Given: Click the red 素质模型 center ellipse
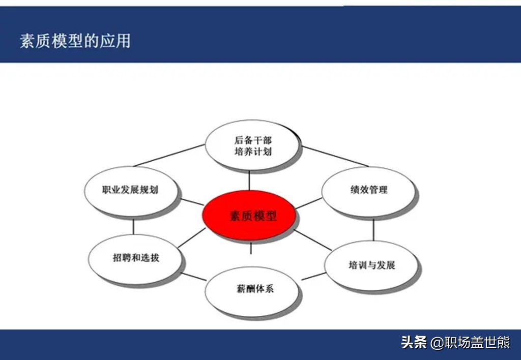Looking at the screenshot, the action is click(x=249, y=215).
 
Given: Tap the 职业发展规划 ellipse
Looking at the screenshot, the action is click(x=131, y=191).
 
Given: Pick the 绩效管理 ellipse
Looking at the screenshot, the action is click(x=368, y=191).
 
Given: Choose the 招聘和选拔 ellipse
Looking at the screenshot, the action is click(x=135, y=259).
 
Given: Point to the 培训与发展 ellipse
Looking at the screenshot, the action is click(x=371, y=266).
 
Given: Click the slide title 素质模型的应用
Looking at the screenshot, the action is click(x=75, y=41).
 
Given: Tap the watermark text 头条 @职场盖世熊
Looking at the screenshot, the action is click(x=455, y=342).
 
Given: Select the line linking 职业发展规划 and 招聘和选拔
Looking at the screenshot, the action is click(x=133, y=227).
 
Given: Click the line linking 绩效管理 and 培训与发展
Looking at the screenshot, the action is click(x=373, y=230).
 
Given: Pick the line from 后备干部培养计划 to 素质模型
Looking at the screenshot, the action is click(x=249, y=181).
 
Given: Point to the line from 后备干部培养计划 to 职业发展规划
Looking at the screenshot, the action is click(x=169, y=155).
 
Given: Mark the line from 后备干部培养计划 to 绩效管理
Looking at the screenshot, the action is click(x=335, y=156).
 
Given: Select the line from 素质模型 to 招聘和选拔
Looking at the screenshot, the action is click(x=192, y=238).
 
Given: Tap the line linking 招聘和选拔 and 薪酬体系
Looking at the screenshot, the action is click(x=194, y=277).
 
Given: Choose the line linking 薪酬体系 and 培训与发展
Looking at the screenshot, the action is click(x=313, y=276).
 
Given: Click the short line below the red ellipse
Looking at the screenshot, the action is click(x=251, y=249).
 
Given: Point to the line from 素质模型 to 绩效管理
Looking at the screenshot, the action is click(x=309, y=203).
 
